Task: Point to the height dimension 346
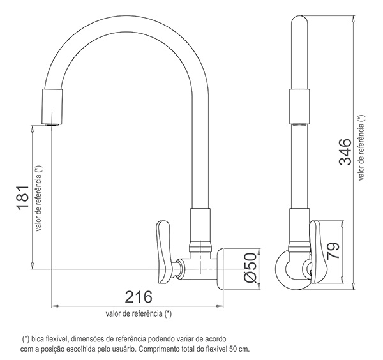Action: (345, 151)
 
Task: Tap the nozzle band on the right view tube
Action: (300, 106)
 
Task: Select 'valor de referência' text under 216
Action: (139, 314)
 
